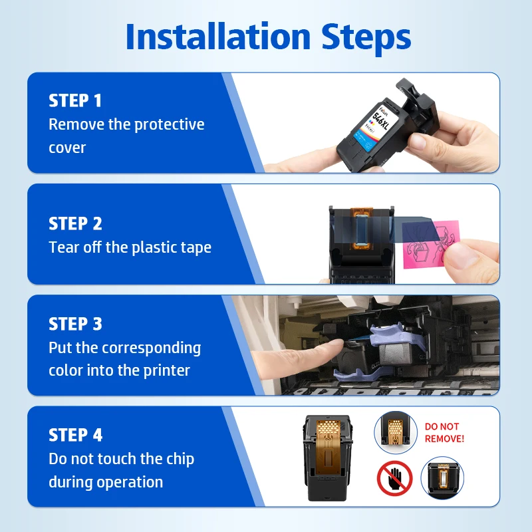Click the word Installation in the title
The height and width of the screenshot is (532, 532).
coord(218,37)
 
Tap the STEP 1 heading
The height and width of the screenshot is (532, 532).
coord(75,100)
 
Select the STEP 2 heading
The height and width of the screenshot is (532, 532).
coord(75,223)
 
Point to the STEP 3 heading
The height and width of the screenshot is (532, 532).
coord(75,324)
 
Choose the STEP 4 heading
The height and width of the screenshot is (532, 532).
coord(75,435)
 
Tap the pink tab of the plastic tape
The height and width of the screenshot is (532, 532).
coord(432,244)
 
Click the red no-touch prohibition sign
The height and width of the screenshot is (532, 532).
coord(394,478)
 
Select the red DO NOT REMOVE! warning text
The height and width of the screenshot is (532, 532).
coord(444,433)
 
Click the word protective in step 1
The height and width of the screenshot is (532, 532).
coord(170,125)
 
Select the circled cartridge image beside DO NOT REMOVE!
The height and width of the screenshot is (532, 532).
coord(396,432)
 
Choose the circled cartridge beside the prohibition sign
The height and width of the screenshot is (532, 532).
coord(442,478)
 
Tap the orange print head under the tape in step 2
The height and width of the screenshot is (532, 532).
coord(361,228)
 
